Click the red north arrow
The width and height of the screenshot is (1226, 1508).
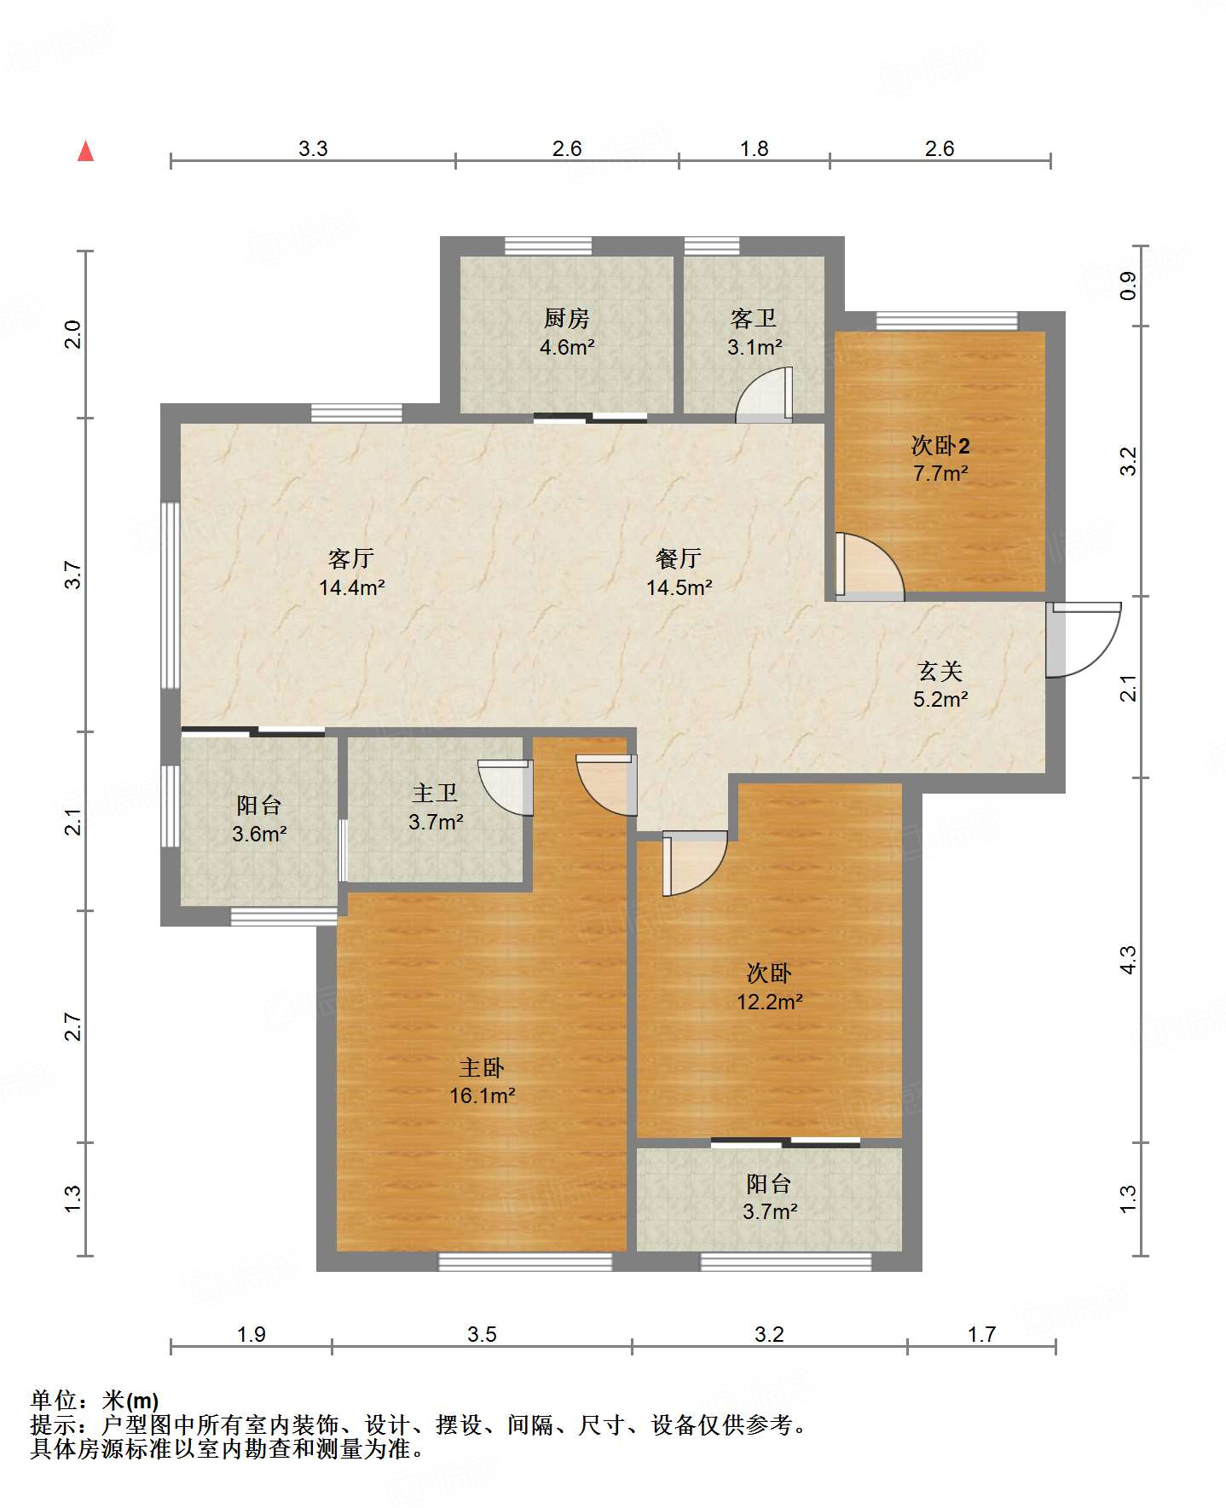click(x=85, y=151)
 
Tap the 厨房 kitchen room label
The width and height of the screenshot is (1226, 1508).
click(x=567, y=332)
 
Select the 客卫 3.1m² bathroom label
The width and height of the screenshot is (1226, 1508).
click(x=755, y=332)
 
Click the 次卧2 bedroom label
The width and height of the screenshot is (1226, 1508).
click(x=940, y=459)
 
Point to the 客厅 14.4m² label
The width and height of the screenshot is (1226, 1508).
click(x=351, y=572)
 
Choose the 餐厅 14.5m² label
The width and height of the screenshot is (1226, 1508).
click(x=679, y=572)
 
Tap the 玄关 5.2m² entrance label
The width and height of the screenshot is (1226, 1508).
click(x=940, y=685)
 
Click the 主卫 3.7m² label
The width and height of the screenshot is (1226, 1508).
click(x=436, y=807)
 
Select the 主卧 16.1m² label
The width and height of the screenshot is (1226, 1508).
click(x=482, y=1081)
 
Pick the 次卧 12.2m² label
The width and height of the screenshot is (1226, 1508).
click(x=769, y=986)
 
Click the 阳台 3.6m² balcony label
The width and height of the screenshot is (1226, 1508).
click(x=259, y=819)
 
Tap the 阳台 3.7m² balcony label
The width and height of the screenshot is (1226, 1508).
click(x=769, y=1197)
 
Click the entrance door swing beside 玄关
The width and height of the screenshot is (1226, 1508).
click(x=1084, y=639)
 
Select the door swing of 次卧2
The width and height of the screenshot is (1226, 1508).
click(x=870, y=566)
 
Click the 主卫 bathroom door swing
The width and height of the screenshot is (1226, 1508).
click(x=506, y=787)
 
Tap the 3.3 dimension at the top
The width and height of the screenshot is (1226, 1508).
click(x=313, y=148)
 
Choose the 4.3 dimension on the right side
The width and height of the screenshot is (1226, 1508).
click(x=1128, y=960)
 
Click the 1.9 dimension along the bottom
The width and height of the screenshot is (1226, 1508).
click(x=252, y=1334)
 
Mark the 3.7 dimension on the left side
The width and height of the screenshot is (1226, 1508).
click(x=73, y=575)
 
